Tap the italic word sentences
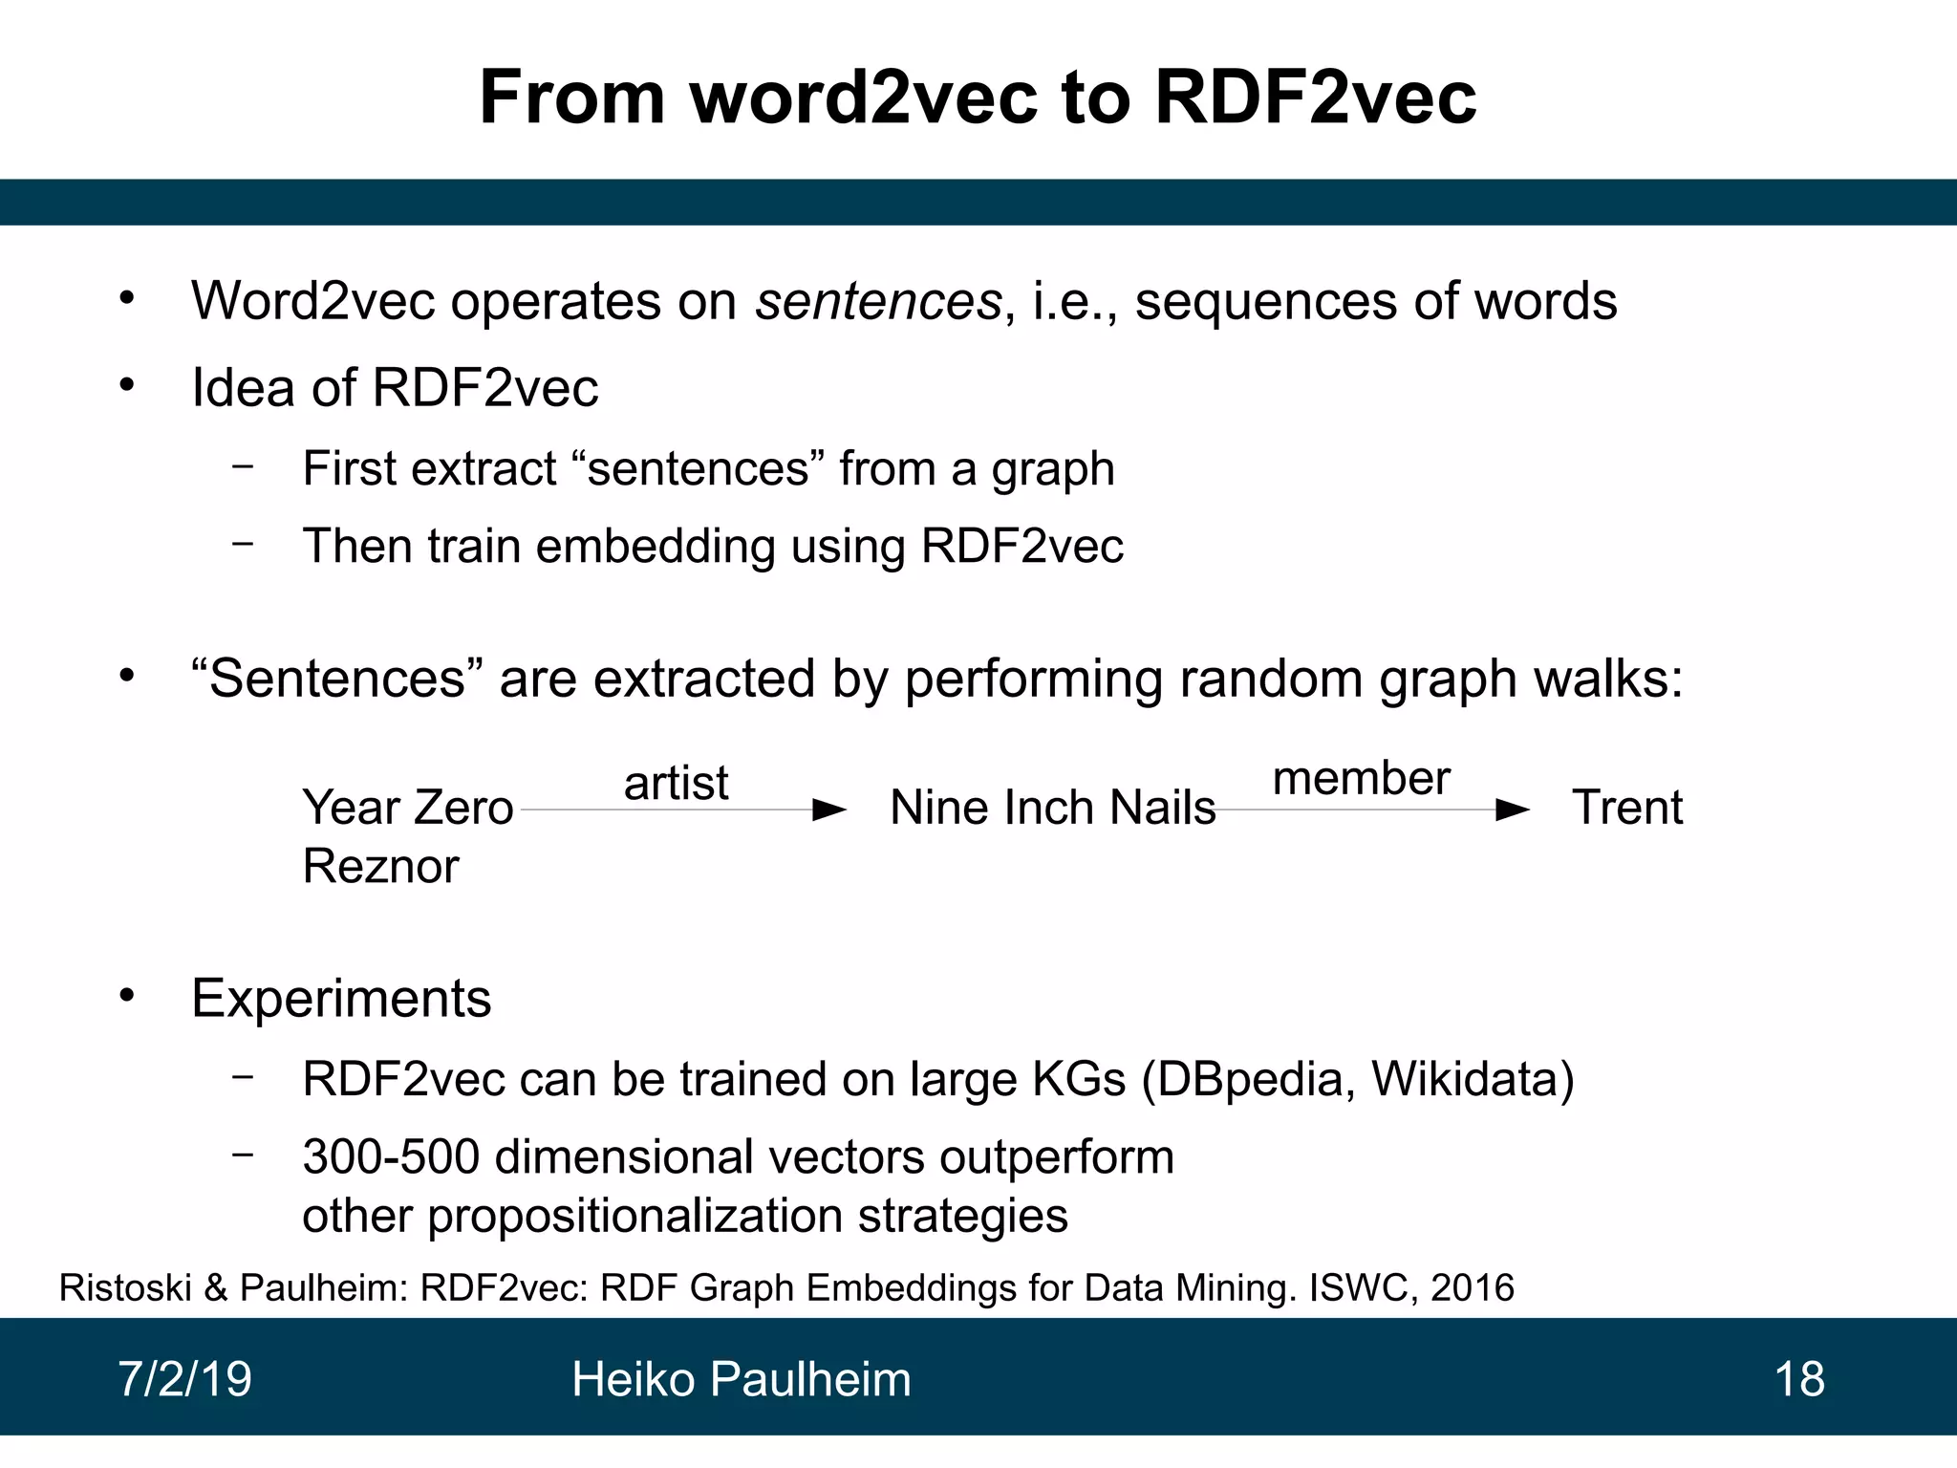[x=878, y=301]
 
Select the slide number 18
[x=1798, y=1379]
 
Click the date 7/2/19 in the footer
[x=184, y=1379]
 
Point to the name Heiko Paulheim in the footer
[x=741, y=1379]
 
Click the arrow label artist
[x=676, y=784]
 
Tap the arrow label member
[x=1361, y=779]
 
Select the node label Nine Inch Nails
[x=1052, y=808]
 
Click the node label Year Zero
[x=408, y=808]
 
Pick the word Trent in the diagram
[x=1626, y=808]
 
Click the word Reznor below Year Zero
[x=380, y=867]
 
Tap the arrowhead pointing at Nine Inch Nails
[x=828, y=810]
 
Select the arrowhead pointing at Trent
[x=1512, y=810]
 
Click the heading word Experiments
[x=341, y=999]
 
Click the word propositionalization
[x=634, y=1216]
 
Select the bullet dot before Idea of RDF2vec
[x=127, y=386]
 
